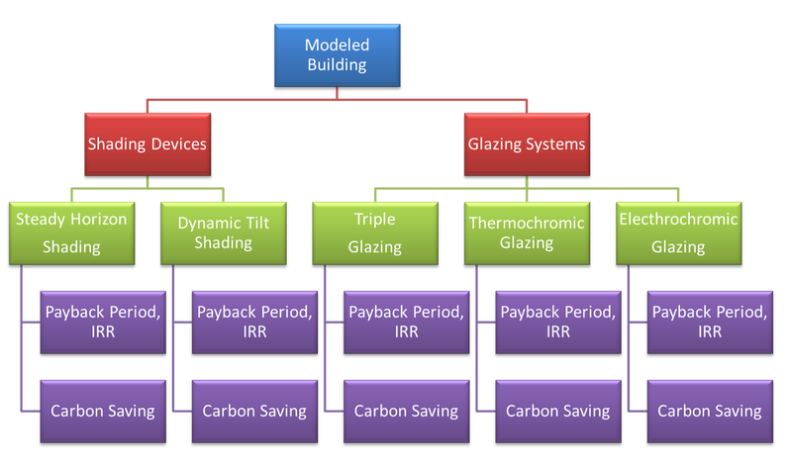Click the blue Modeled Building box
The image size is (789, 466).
[x=336, y=56]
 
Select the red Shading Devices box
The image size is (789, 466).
[x=148, y=143]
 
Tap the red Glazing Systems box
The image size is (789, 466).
[x=527, y=143]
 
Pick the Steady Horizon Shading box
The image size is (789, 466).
[x=71, y=233]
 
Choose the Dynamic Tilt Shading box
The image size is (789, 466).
[x=224, y=233]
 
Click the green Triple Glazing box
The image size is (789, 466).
[x=375, y=233]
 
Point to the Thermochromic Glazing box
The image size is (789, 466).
[x=527, y=233]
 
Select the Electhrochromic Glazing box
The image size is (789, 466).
[x=678, y=233]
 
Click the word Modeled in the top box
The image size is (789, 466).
[x=336, y=46]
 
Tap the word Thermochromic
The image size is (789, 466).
[x=527, y=223]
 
